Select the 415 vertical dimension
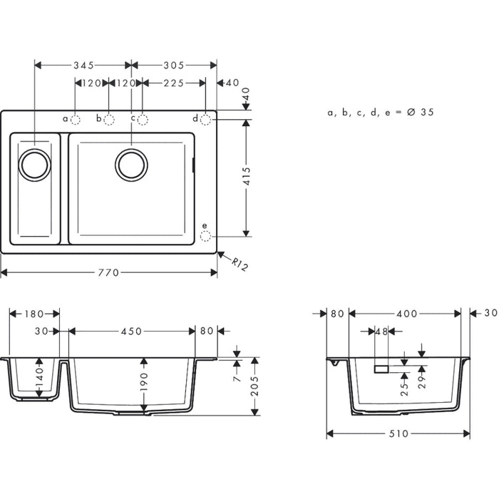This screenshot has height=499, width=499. click(x=247, y=177)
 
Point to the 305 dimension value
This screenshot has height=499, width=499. click(x=174, y=65)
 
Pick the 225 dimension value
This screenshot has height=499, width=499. click(x=174, y=83)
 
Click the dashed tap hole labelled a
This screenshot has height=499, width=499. click(x=76, y=119)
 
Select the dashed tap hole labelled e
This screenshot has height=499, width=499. click(x=205, y=235)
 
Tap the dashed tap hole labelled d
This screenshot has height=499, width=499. click(x=205, y=119)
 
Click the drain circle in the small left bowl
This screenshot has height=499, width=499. click(x=35, y=165)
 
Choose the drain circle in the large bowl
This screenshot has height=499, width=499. click(x=132, y=165)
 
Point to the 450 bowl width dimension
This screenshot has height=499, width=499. click(x=131, y=331)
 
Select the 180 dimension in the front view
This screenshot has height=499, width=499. click(x=34, y=314)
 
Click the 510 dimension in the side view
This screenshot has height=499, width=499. click(x=398, y=434)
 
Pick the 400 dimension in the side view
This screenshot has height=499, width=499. click(x=408, y=314)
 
